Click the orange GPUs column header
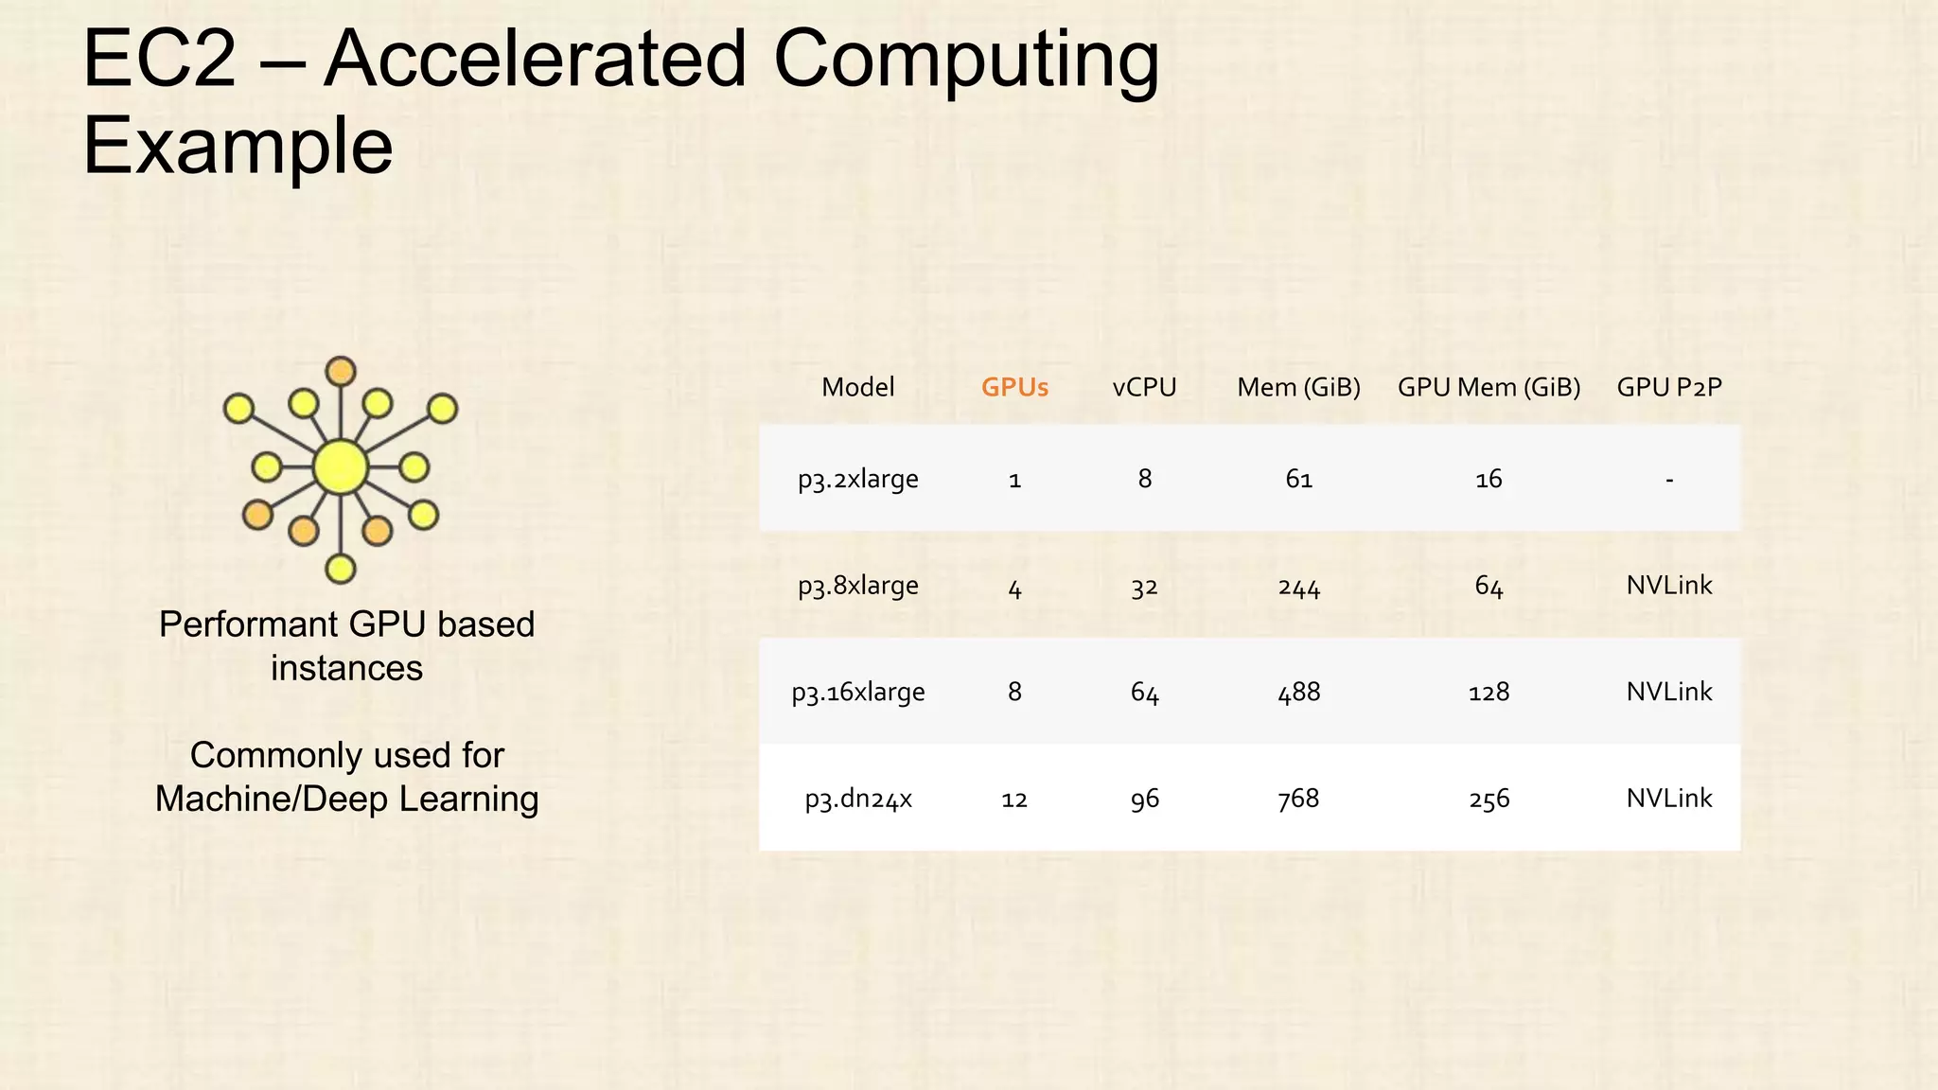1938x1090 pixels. (x=1014, y=387)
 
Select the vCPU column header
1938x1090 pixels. (x=1144, y=387)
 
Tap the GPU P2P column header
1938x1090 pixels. (x=1669, y=387)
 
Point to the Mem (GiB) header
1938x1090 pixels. (x=1298, y=387)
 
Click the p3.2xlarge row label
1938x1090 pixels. (x=857, y=480)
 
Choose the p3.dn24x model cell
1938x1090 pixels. (x=858, y=800)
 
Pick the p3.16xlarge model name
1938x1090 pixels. (x=858, y=693)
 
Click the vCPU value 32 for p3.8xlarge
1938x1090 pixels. (x=1144, y=588)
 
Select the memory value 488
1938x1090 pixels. (x=1298, y=693)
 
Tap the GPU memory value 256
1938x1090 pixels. (x=1489, y=800)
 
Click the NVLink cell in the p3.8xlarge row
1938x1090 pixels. (x=1669, y=586)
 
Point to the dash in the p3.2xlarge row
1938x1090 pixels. (x=1669, y=481)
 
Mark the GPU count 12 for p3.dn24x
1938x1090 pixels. (x=1014, y=800)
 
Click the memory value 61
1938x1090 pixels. (x=1298, y=480)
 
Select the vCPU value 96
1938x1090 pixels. (x=1144, y=800)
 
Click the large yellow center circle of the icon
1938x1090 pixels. (x=340, y=466)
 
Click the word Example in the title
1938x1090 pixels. (x=238, y=147)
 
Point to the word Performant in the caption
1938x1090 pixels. (x=247, y=624)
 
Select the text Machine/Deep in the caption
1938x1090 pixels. (x=272, y=800)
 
